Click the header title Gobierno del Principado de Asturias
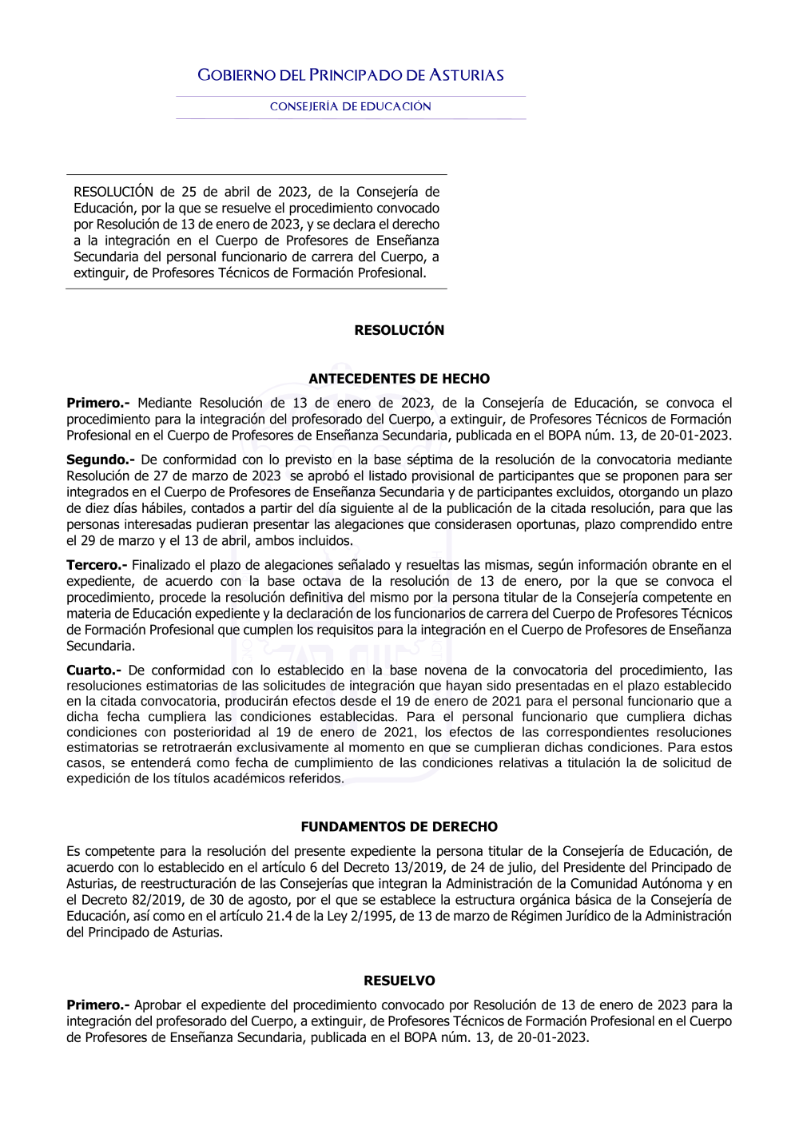coord(351,76)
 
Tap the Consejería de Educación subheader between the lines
coord(351,106)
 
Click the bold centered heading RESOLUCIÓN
coord(399,330)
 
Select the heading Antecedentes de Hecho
coord(399,379)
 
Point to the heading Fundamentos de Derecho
coord(399,827)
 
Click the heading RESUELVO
coord(399,981)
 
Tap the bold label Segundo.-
coord(101,460)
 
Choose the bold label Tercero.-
coord(97,565)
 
